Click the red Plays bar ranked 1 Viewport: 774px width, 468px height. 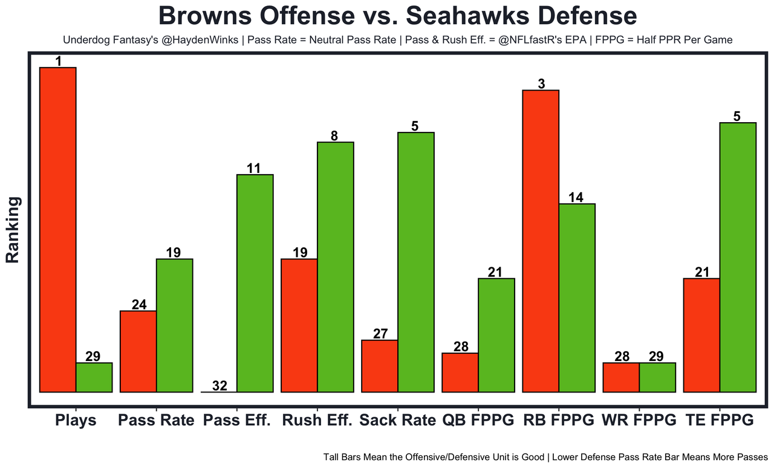[57, 230]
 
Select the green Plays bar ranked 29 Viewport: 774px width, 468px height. [94, 377]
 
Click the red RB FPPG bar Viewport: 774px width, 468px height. [541, 241]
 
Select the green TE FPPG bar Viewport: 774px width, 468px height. [738, 257]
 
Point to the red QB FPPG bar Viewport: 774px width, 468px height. [460, 372]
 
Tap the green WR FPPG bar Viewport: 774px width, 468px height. [657, 377]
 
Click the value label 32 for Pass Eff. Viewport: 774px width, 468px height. [220, 386]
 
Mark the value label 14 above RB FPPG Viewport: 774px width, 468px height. [576, 197]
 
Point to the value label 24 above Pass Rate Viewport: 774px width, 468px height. [138, 304]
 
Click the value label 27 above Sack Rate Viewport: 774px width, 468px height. [380, 333]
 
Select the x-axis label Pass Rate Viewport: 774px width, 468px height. [156, 420]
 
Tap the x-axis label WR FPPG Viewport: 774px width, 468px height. [639, 420]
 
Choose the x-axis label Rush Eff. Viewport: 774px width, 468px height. [317, 420]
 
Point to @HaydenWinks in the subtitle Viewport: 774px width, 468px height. [203, 41]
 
